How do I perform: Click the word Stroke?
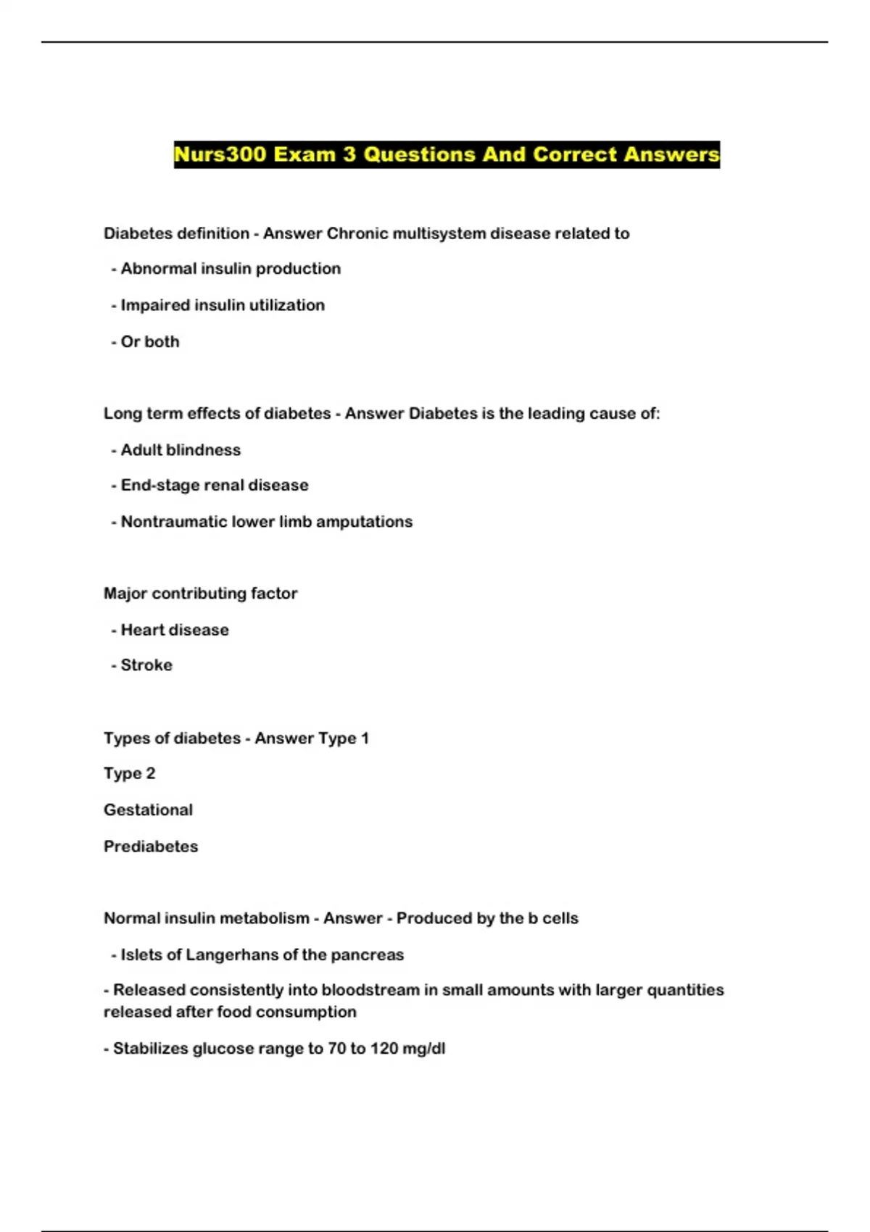pos(146,665)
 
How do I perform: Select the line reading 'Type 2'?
pos(129,773)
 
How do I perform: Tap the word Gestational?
pos(148,809)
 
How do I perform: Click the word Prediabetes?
pos(151,846)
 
